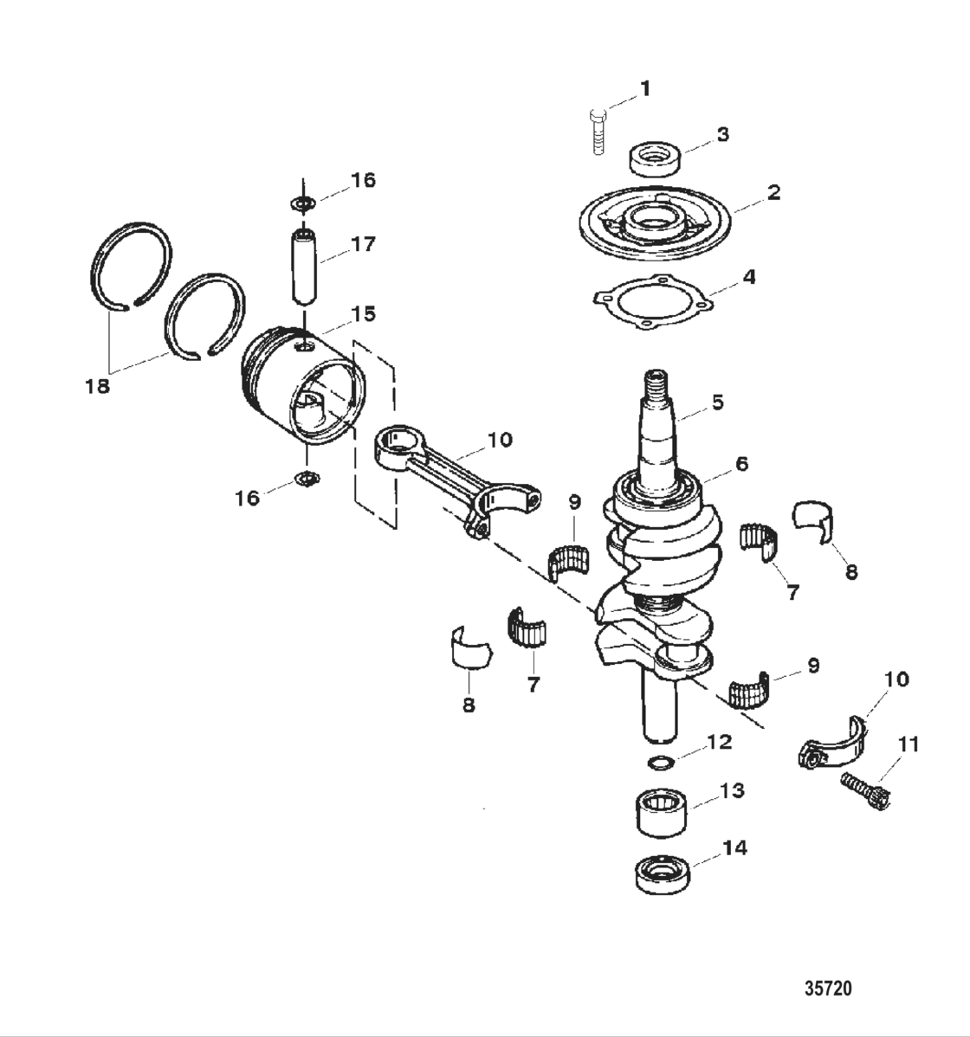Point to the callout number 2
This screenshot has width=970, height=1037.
click(x=773, y=191)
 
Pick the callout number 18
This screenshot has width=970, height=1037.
click(x=98, y=386)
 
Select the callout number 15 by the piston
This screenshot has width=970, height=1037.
click(x=363, y=313)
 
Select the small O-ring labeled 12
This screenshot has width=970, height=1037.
click(x=660, y=763)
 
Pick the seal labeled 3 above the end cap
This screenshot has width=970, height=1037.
click(x=654, y=159)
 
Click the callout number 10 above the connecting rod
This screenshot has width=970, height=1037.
click(x=500, y=440)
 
